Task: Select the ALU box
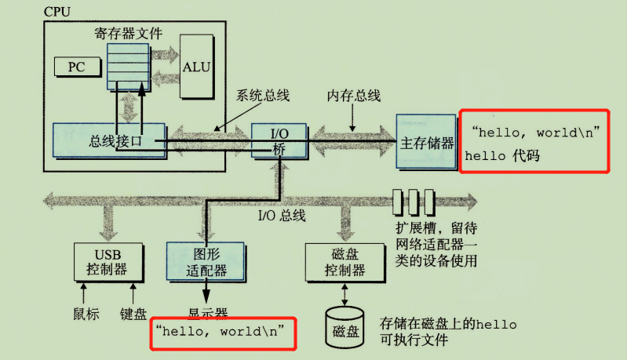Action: (195, 66)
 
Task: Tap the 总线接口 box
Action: (108, 141)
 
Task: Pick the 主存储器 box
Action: (426, 143)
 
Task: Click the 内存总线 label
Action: (353, 96)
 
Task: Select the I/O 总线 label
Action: (281, 214)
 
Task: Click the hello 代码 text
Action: (503, 156)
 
